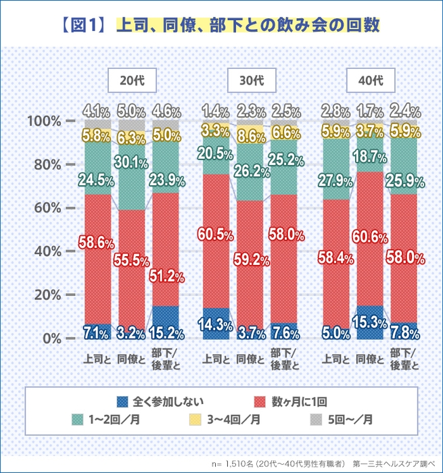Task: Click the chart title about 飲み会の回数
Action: tap(221, 26)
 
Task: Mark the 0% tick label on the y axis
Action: tap(48, 339)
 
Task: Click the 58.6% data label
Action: tap(97, 243)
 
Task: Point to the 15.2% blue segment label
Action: tap(166, 332)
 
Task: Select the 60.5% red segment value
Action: tap(216, 234)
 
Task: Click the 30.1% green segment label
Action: tap(132, 162)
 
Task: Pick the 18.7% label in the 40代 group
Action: tap(371, 157)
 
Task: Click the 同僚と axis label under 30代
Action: tap(252, 359)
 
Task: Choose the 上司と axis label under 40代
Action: tap(336, 359)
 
